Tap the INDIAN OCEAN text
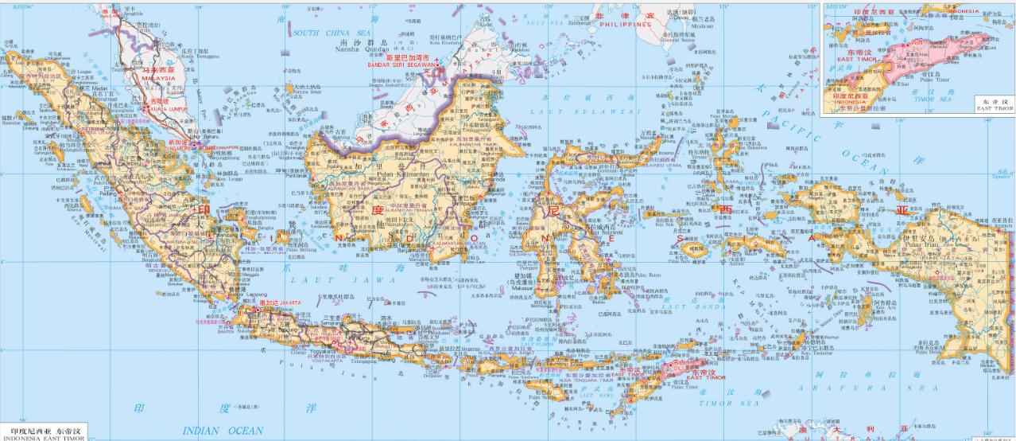coord(223,430)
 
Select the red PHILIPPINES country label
coord(625,24)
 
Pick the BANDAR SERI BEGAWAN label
coord(402,64)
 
